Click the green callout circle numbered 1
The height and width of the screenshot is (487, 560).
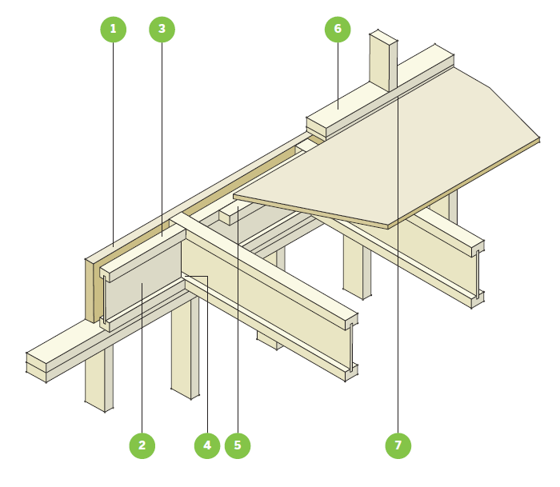[x=114, y=30]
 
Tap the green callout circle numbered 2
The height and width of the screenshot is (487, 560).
[x=142, y=445]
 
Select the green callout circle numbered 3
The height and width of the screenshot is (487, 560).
[x=162, y=30]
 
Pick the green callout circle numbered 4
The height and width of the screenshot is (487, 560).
[x=207, y=445]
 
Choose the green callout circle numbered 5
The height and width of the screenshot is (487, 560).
[x=238, y=445]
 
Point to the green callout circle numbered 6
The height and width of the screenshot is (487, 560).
[x=338, y=30]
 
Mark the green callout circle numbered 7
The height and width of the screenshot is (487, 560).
[x=398, y=445]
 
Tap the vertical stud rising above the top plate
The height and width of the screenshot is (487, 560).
[x=383, y=61]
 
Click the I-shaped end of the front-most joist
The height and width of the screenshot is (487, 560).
[x=351, y=347]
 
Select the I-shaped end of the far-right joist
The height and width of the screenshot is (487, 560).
[x=478, y=274]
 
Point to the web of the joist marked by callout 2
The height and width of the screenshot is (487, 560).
[x=143, y=282]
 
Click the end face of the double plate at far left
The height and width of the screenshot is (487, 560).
[x=36, y=367]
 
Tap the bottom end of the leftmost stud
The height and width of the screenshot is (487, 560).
[x=99, y=406]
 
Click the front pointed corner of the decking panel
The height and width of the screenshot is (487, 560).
[x=388, y=226]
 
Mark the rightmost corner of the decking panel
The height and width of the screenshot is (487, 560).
[x=539, y=138]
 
